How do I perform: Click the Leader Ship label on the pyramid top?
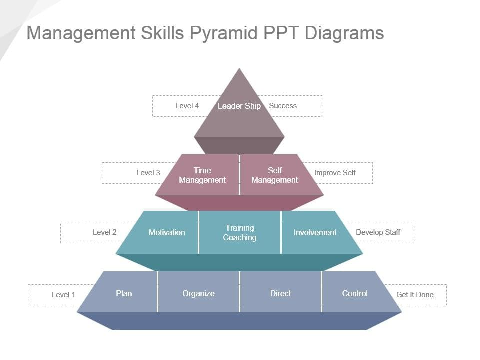(239, 106)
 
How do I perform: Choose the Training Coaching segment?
(239, 232)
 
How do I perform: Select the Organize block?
(198, 292)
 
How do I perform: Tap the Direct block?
(280, 292)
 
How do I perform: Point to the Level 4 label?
(187, 106)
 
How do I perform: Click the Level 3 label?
(148, 173)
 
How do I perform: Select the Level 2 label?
(104, 232)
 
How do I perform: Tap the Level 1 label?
(63, 295)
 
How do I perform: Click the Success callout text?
(283, 106)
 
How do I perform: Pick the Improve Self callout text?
(335, 173)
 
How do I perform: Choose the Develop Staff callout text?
(378, 232)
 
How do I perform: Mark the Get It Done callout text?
(415, 295)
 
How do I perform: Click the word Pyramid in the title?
(224, 33)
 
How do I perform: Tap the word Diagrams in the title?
(344, 33)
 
